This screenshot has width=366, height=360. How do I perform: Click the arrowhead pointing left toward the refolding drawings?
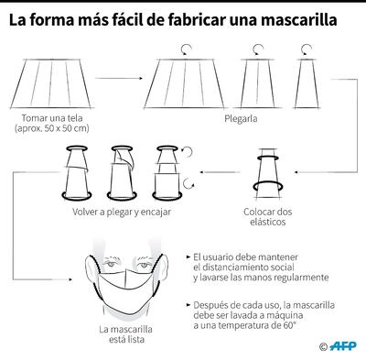click(204, 170)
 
